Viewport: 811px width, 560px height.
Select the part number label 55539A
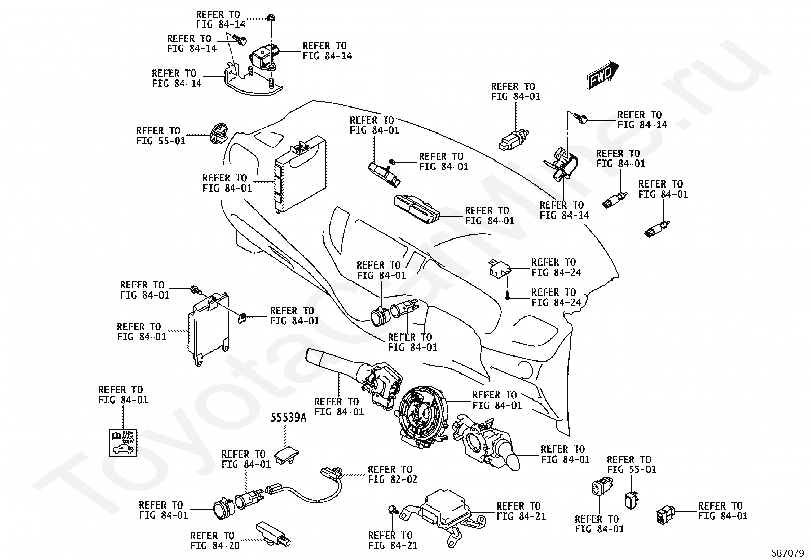[288, 418]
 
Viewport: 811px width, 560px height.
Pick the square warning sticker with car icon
[122, 442]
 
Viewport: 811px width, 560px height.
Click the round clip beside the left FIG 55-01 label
[218, 132]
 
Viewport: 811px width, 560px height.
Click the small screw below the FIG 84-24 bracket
[508, 296]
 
